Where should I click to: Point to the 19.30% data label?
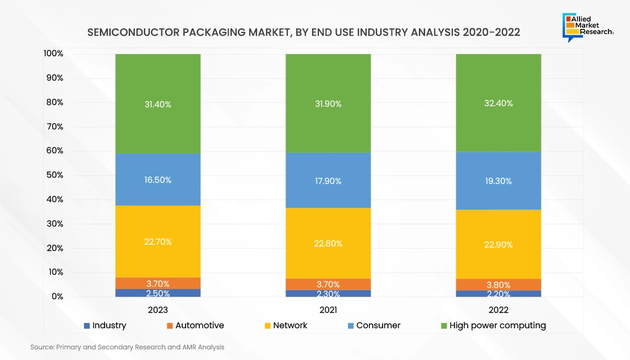(498, 181)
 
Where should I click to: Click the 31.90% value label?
(328, 104)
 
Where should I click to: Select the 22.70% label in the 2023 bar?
(158, 241)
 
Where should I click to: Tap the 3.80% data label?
(498, 285)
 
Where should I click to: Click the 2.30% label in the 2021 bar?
(328, 294)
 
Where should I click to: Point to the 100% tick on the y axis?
(53, 53)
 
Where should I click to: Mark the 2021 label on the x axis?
(328, 310)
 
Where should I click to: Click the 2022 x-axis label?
(498, 310)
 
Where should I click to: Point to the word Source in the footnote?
(42, 346)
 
